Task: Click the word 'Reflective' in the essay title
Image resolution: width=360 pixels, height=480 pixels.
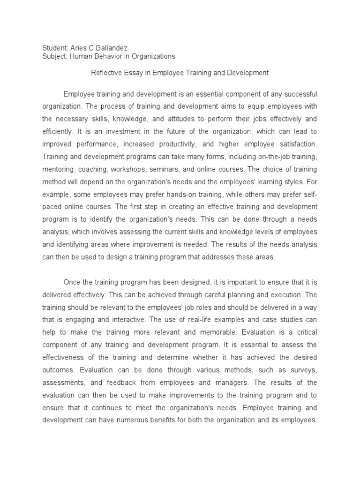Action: click(x=105, y=73)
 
